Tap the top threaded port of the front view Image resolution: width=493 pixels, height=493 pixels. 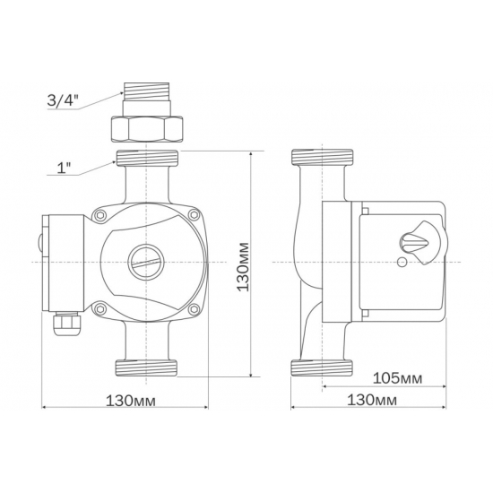point(147,161)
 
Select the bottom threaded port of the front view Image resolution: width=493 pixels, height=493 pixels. point(147,366)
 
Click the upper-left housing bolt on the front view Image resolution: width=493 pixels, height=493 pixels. point(100,215)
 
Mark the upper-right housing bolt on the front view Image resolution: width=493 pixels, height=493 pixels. point(193,215)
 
